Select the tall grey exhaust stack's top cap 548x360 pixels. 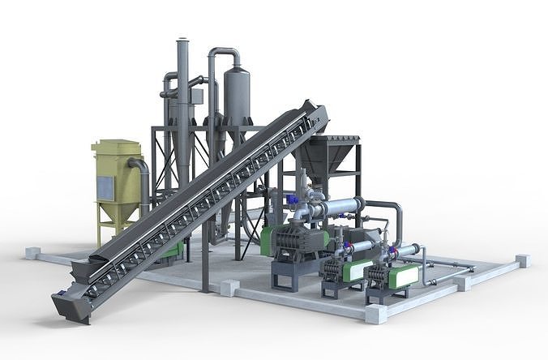[182, 40]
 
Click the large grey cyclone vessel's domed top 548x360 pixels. [236, 74]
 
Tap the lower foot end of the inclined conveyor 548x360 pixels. [70, 303]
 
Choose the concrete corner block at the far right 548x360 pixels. [522, 260]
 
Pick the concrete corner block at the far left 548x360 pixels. [32, 252]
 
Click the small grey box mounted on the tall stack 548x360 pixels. [196, 96]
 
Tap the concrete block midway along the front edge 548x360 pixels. [229, 287]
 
